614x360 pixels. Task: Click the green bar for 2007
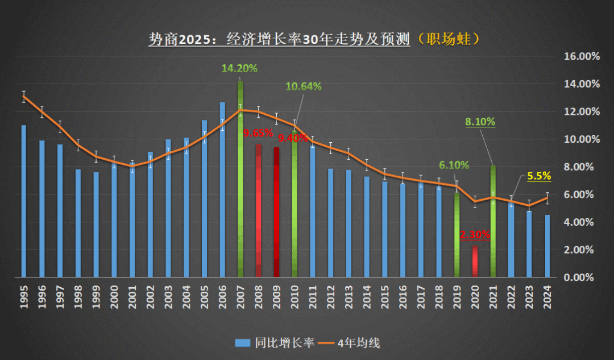[x=240, y=182]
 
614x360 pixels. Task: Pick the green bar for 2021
[x=493, y=222]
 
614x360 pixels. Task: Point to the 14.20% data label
[x=239, y=69]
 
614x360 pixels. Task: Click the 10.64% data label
[x=304, y=86]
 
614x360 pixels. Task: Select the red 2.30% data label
[x=475, y=235]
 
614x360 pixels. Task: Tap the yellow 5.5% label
[x=539, y=176]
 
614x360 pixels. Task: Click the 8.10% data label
[x=480, y=122]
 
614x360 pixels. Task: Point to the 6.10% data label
[x=454, y=165]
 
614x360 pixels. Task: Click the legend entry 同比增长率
[x=275, y=342]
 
